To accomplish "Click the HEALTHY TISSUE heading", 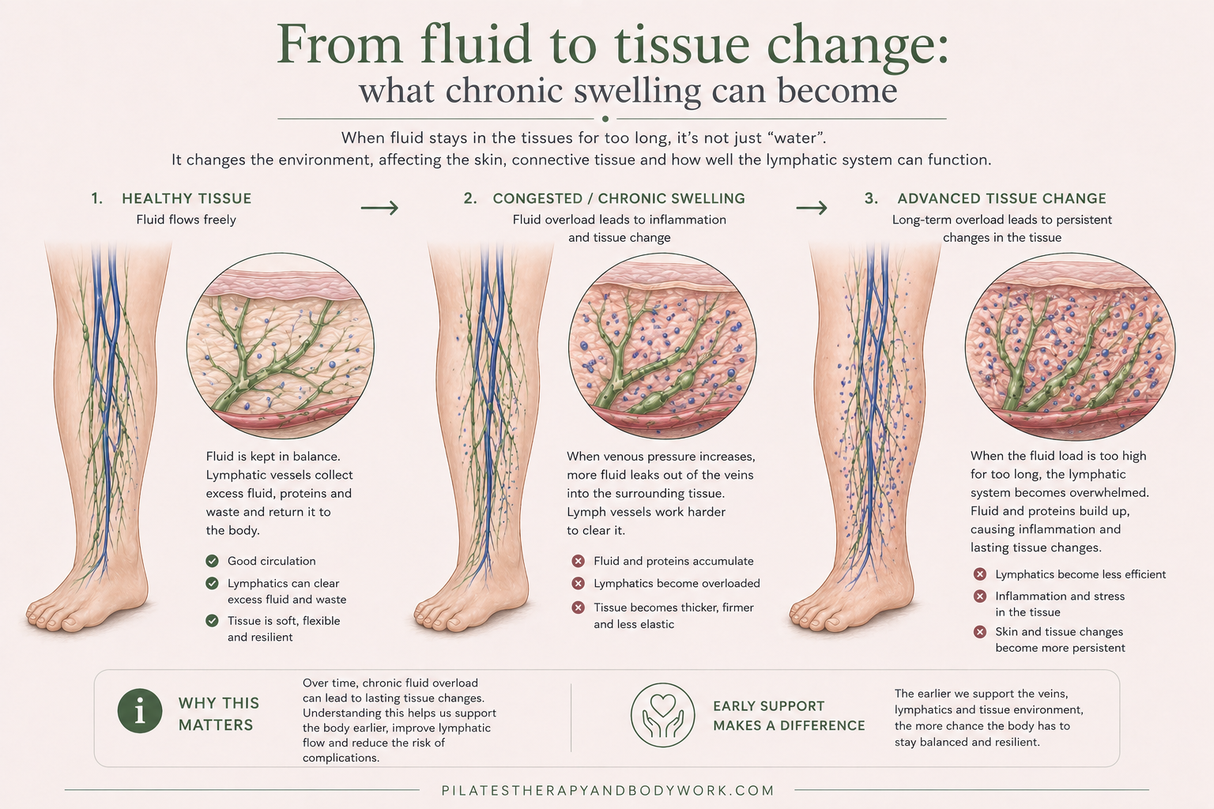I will (187, 198).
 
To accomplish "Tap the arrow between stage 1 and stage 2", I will (379, 208).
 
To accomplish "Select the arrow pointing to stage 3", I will (812, 208).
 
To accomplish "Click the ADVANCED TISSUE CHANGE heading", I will (1001, 198).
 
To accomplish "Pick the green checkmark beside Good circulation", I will (212, 561).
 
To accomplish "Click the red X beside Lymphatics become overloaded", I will (578, 583).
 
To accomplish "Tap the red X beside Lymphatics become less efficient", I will (980, 574).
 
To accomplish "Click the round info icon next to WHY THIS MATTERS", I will (140, 710).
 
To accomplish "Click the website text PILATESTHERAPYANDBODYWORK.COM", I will (608, 790).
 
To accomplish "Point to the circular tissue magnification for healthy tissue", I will (280, 346).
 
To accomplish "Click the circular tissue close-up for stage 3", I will (1069, 346).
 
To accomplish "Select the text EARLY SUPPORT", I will (768, 706).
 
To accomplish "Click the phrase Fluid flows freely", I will (186, 220).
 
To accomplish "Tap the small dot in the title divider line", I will (605, 119).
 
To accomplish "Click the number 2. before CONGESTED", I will (470, 198).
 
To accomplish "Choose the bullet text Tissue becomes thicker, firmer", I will (673, 608).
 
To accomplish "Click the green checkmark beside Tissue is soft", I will (212, 621).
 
